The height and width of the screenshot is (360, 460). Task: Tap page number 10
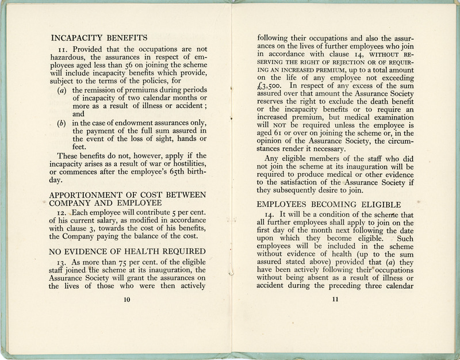click(x=127, y=299)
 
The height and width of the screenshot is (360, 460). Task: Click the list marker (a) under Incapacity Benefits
click(x=62, y=91)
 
